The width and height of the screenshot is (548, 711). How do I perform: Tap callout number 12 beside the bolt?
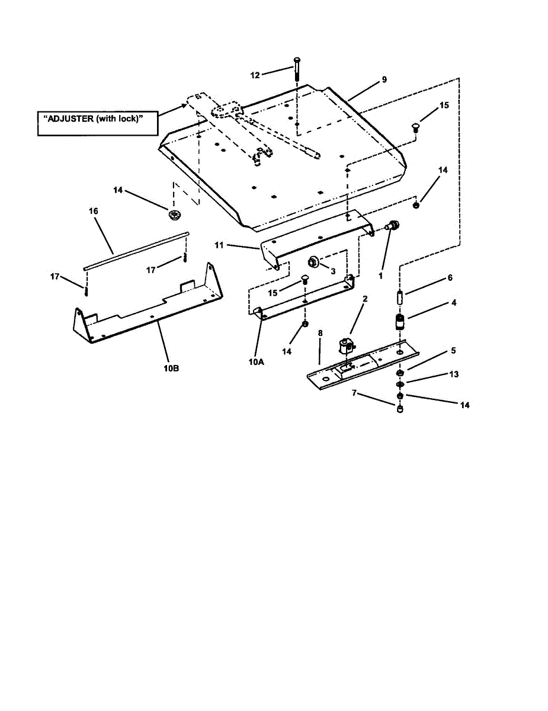(255, 75)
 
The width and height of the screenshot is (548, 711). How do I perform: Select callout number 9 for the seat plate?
(384, 79)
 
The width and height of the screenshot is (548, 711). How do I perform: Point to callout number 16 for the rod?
(93, 211)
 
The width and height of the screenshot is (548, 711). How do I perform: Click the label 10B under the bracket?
(171, 367)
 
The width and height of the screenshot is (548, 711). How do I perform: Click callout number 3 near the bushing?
(333, 270)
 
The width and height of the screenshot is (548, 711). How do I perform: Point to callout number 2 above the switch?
(365, 299)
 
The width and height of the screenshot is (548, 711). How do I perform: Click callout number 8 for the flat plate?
(320, 334)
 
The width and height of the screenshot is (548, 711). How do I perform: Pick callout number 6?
(450, 278)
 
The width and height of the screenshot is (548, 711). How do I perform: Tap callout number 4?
(453, 302)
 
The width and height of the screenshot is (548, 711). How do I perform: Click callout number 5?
(453, 350)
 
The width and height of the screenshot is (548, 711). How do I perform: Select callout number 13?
(454, 374)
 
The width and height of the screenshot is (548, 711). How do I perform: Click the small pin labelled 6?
(400, 294)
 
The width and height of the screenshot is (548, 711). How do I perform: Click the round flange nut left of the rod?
(174, 215)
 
